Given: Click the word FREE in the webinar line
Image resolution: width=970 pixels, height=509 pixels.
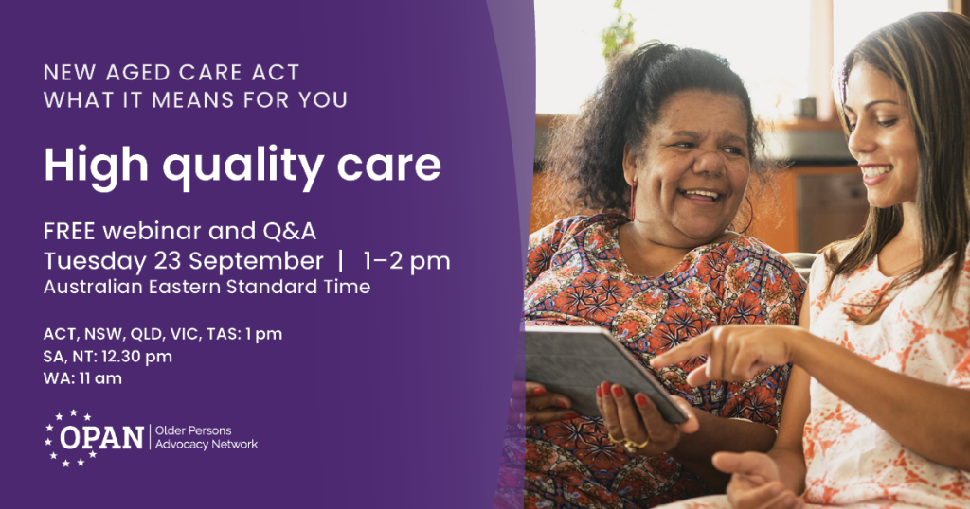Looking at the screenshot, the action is [x=69, y=231].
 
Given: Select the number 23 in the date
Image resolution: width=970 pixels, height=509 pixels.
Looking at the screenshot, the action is [x=167, y=261].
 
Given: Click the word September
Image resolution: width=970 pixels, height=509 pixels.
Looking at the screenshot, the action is [x=256, y=262].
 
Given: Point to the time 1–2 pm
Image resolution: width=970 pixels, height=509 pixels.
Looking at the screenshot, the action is [x=406, y=262].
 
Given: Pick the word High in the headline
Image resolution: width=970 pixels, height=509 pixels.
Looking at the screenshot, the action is [x=96, y=166].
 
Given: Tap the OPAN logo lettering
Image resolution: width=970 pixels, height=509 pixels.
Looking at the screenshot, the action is [x=102, y=438].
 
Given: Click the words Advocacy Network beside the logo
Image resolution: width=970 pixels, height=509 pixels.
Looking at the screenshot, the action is [x=207, y=444].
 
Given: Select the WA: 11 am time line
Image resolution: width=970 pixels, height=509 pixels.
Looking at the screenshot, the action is [x=82, y=378].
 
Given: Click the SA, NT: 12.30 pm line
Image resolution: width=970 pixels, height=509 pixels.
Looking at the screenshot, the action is [x=108, y=357].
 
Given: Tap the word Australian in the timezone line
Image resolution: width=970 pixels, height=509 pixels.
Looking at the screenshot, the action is [x=93, y=287].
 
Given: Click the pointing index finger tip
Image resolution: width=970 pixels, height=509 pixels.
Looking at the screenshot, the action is [x=656, y=362].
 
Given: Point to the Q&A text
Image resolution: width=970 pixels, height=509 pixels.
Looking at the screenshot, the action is [x=289, y=231].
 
